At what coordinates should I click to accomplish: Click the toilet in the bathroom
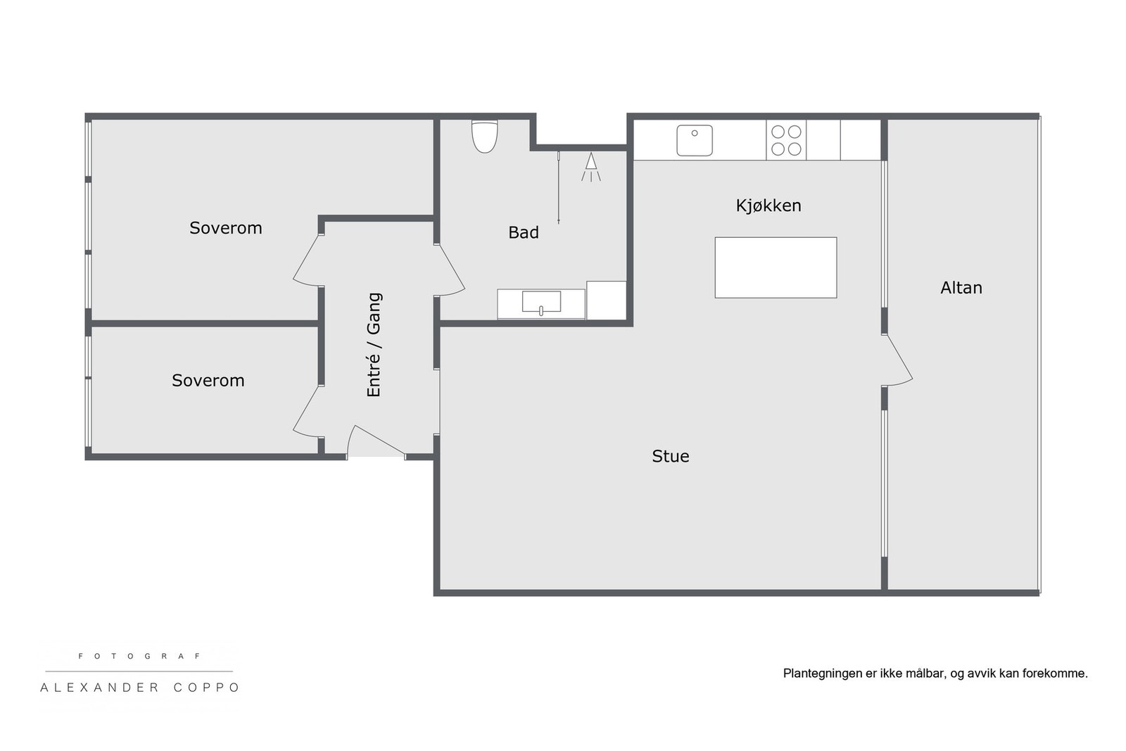click(484, 136)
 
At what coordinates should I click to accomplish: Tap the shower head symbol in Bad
click(591, 165)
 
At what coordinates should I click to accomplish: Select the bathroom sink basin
click(541, 302)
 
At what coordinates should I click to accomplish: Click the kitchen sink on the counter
click(695, 140)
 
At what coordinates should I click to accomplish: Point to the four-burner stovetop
click(786, 140)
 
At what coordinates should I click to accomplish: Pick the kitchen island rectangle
click(776, 267)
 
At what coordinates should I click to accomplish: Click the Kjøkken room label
click(768, 206)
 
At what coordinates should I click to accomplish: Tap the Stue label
click(670, 456)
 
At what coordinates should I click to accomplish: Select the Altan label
click(961, 287)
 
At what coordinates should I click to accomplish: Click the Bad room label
click(524, 232)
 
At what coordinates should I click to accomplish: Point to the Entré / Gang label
click(374, 345)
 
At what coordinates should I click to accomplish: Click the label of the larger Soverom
click(225, 228)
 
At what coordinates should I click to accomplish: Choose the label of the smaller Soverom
click(208, 380)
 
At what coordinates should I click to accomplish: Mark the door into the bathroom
click(450, 270)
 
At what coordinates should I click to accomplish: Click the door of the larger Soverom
click(308, 261)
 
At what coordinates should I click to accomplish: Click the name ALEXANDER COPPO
click(140, 688)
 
